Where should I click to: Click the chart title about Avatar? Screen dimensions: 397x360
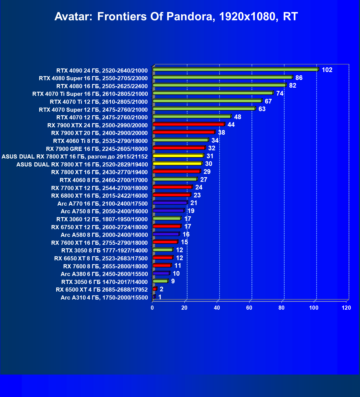point(176,17)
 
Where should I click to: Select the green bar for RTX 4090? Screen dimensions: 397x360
point(235,70)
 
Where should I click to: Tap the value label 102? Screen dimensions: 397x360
point(327,70)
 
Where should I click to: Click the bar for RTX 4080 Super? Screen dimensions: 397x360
point(222,77)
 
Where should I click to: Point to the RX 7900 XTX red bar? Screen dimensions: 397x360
point(188,124)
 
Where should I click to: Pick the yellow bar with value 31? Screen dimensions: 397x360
point(178,156)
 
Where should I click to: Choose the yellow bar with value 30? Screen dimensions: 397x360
point(177,163)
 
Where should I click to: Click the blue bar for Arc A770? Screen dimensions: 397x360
point(170,203)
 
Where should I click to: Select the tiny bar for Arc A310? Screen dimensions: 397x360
point(154,297)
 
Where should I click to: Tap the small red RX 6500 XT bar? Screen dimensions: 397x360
point(155,289)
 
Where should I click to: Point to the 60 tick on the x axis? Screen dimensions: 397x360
point(249,308)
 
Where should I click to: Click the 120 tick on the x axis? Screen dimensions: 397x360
point(346,308)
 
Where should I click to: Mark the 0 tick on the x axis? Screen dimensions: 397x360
point(152,308)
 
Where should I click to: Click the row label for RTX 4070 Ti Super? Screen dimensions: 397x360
point(90,94)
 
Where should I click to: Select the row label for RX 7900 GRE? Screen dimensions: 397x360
point(97,149)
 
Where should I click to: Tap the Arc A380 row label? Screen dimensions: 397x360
point(104,274)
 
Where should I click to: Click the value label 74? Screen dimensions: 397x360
point(280,93)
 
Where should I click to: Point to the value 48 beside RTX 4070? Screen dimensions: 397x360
point(237,117)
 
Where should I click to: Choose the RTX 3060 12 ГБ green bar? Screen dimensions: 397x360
point(167,218)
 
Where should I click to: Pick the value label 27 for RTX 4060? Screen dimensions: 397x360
point(204,180)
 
